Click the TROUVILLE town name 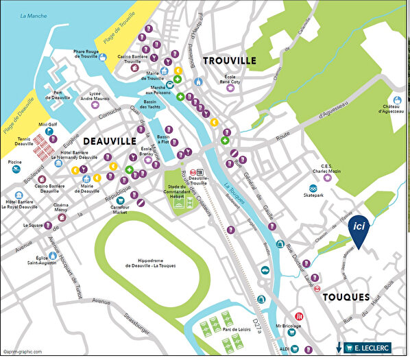[230, 60]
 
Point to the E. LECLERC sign [367, 348]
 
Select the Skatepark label [319, 195]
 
